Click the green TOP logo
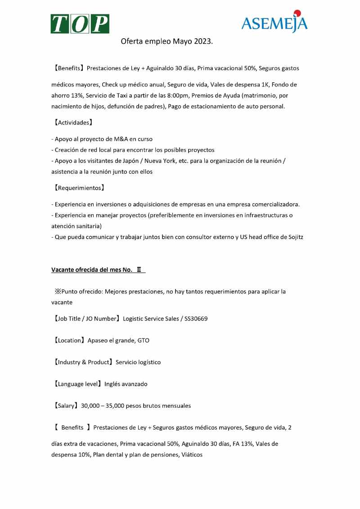click(80, 24)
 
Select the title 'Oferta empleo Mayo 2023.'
click(166, 42)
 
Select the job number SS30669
click(196, 319)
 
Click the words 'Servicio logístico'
click(138, 362)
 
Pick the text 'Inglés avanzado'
click(126, 384)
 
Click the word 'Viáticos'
click(192, 455)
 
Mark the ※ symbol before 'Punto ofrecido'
click(58, 292)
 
